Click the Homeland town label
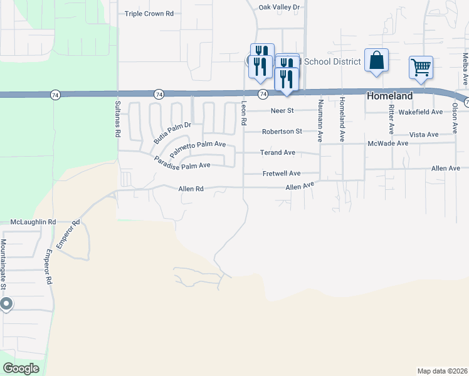click(389, 96)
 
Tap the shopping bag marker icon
click(376, 61)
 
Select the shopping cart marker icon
click(421, 66)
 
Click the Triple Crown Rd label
click(149, 14)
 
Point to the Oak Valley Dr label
click(280, 7)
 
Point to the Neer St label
click(282, 111)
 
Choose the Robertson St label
click(282, 132)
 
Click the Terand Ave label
click(278, 152)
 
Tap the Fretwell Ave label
click(282, 173)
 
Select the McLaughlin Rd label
click(33, 222)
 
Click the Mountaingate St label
click(3, 263)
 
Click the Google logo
click(21, 368)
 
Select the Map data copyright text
click(442, 371)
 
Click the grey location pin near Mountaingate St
click(6, 305)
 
